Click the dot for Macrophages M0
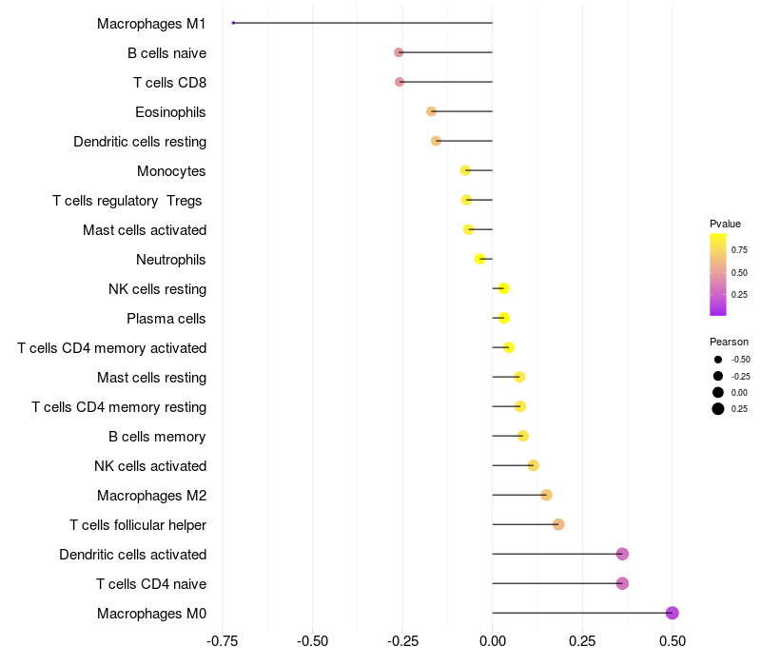point(672,613)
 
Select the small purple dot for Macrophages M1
point(233,23)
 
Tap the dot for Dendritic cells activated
point(622,554)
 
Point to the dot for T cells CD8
point(400,82)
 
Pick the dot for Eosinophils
point(431,111)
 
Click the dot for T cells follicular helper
point(558,524)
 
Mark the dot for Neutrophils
point(480,259)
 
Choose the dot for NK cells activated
point(533,465)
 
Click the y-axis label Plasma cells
point(166,318)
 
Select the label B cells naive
point(166,52)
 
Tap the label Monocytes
point(171,170)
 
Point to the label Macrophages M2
point(151,495)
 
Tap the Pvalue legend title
point(725,224)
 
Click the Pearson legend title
point(729,342)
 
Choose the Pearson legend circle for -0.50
point(718,360)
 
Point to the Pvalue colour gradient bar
point(718,274)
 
